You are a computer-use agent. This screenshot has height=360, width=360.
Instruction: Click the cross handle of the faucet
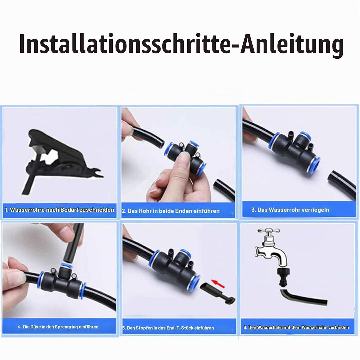[269, 231]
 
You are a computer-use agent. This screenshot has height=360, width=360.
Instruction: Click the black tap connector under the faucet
[284, 277]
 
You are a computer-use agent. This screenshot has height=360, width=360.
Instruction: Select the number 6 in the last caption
[245, 327]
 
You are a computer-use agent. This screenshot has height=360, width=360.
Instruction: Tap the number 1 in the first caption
[6, 210]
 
